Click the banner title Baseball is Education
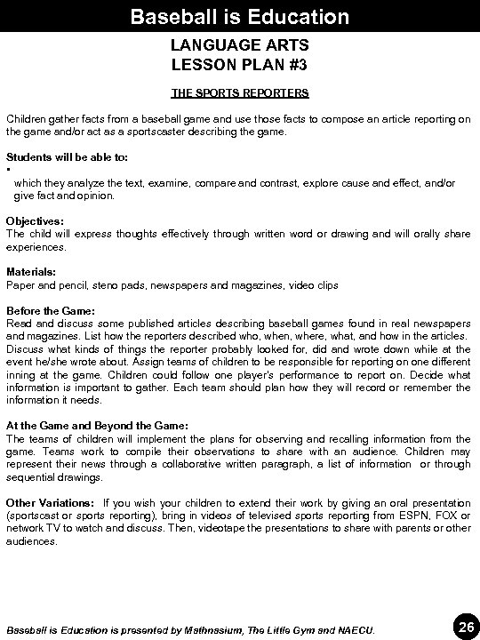pyautogui.click(x=239, y=16)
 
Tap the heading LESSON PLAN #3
pyautogui.click(x=239, y=65)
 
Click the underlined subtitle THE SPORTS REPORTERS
pyautogui.click(x=239, y=92)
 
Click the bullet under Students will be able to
pyautogui.click(x=8, y=170)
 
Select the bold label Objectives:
pyautogui.click(x=35, y=220)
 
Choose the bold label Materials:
pyautogui.click(x=31, y=272)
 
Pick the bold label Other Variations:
pyautogui.click(x=50, y=502)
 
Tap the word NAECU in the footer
pyautogui.click(x=357, y=629)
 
